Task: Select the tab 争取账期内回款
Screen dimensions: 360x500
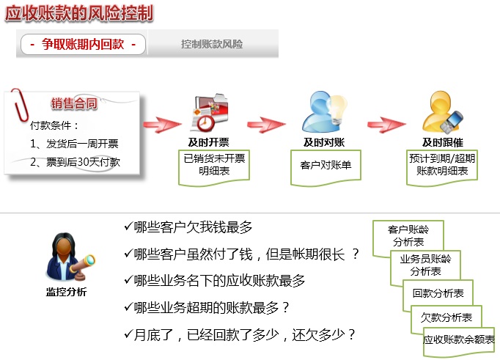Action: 84,45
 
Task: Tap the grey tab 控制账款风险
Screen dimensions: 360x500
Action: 212,45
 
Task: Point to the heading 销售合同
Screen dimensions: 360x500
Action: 74,104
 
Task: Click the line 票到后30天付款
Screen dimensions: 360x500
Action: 75,162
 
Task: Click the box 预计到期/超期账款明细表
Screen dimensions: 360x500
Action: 442,165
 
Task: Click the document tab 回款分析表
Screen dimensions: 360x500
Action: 438,293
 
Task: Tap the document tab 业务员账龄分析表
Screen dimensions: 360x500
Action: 425,265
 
